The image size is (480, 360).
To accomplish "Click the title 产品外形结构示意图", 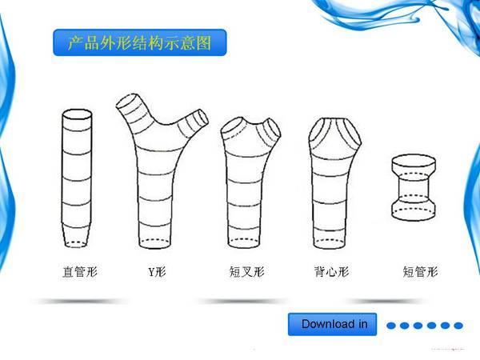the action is pyautogui.click(x=139, y=43).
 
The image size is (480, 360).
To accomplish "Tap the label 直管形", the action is pyautogui.click(x=80, y=271).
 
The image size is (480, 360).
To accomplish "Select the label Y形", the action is pyautogui.click(x=157, y=271).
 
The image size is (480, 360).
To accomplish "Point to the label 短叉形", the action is pyautogui.click(x=246, y=271).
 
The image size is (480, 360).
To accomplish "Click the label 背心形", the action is pyautogui.click(x=331, y=271).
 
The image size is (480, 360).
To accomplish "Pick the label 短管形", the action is pyautogui.click(x=420, y=271).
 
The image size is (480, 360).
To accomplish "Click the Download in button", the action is pyautogui.click(x=333, y=324).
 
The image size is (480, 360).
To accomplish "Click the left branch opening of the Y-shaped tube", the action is pyautogui.click(x=128, y=101).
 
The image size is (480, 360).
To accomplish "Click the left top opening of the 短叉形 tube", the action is pyautogui.click(x=233, y=126).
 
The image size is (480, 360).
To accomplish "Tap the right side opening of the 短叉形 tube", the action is pyautogui.click(x=274, y=128).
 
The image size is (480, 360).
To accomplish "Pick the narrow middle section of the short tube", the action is pyautogui.click(x=414, y=188).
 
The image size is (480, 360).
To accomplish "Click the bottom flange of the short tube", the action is pyautogui.click(x=414, y=210).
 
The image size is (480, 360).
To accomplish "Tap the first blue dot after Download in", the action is pyautogui.click(x=391, y=326).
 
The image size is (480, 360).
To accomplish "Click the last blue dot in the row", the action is pyautogui.click(x=458, y=326).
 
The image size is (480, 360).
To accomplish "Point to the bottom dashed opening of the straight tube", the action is pyautogui.click(x=77, y=243).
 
